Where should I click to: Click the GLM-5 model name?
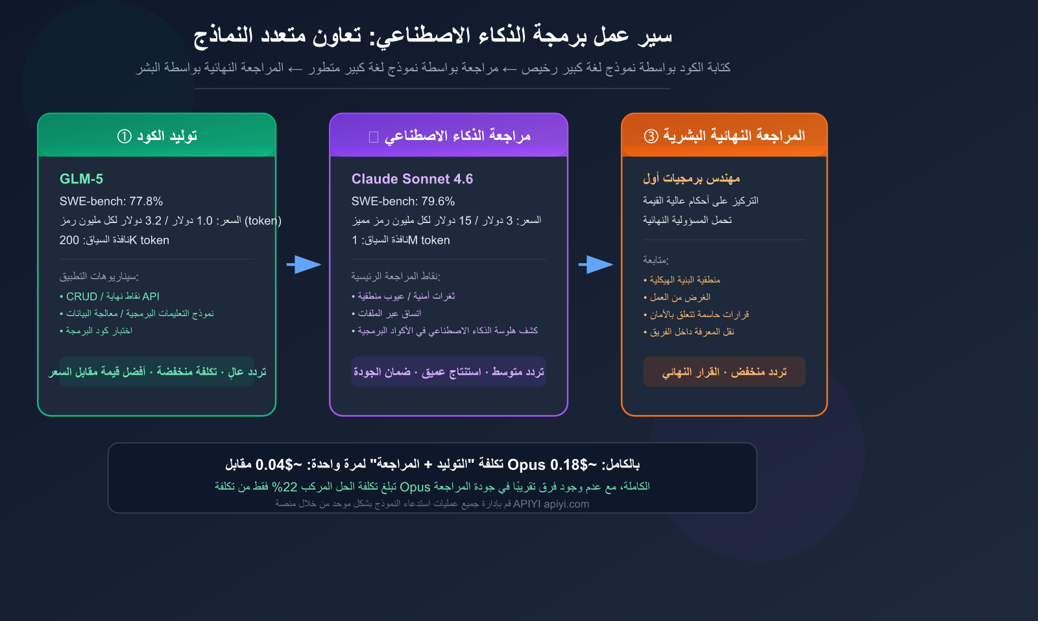[x=81, y=179]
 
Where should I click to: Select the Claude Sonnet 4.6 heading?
[x=412, y=179]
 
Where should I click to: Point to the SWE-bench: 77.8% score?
[x=111, y=201]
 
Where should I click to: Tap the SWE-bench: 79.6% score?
[x=403, y=201]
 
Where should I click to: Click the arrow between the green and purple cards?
[x=303, y=264]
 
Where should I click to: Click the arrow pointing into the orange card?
[x=595, y=264]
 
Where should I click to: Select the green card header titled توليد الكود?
[x=157, y=136]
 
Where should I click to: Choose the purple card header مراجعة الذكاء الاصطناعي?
[x=449, y=136]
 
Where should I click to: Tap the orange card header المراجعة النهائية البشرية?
[x=724, y=136]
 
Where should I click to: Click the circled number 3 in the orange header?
[x=651, y=136]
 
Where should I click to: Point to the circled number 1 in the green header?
[x=124, y=136]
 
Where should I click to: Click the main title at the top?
[x=433, y=35]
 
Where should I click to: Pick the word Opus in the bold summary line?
[x=526, y=465]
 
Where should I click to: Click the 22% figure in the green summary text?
[x=284, y=487]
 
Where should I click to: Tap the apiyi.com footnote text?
[x=566, y=504]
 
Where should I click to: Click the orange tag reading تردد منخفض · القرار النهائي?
[x=724, y=372]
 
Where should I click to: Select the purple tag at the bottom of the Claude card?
[x=449, y=372]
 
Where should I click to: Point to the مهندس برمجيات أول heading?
[x=692, y=178]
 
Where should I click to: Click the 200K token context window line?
[x=114, y=240]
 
